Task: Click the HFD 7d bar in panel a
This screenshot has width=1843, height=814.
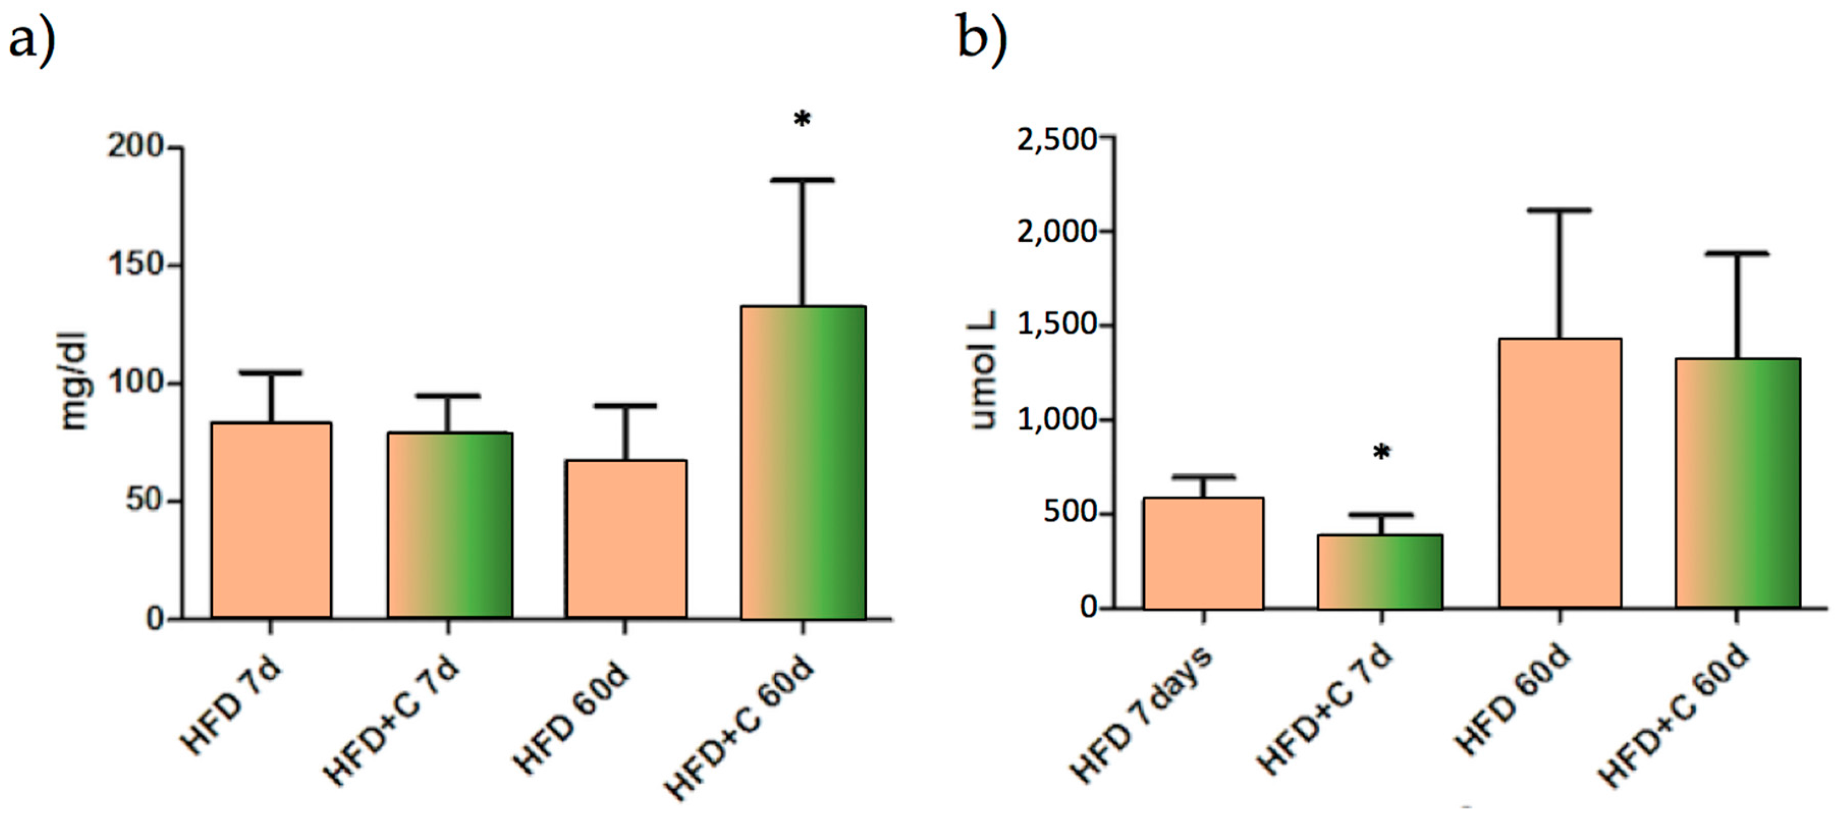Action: click(271, 520)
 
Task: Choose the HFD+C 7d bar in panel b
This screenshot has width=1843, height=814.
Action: click(1380, 572)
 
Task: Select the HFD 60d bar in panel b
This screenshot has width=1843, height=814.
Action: click(1560, 473)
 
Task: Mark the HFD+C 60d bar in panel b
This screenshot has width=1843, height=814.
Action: click(1737, 484)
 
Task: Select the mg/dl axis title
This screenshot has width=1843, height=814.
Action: click(74, 381)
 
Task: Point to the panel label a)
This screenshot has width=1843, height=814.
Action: click(32, 41)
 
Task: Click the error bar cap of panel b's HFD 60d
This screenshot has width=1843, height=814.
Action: click(1560, 210)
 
